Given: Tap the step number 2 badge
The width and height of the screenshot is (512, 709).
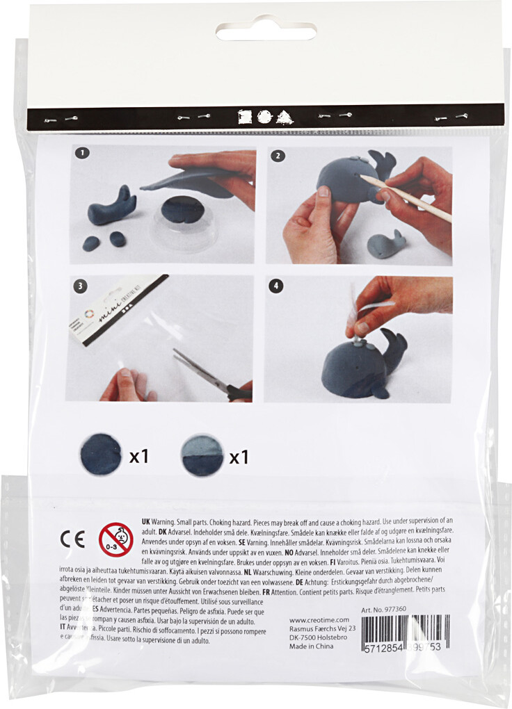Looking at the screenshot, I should click(x=278, y=156).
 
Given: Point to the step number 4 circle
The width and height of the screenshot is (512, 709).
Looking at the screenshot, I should click(x=278, y=285).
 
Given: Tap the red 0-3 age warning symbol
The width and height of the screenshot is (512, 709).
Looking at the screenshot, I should click(x=116, y=539).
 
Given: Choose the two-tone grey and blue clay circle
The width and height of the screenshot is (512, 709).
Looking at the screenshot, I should click(x=202, y=455).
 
